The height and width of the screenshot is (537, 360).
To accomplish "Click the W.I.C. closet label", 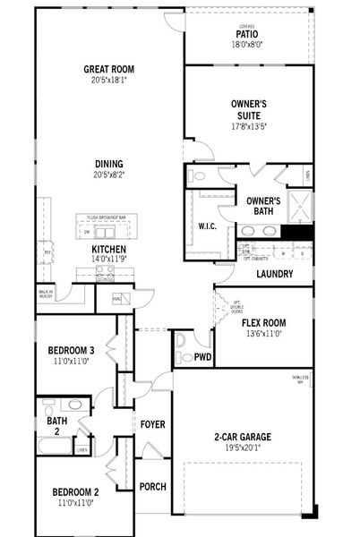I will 209,226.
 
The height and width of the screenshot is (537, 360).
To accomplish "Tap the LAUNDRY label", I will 274,274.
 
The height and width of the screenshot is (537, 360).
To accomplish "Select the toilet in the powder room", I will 182,342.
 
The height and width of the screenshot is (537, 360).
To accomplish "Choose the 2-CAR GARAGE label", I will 244,438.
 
